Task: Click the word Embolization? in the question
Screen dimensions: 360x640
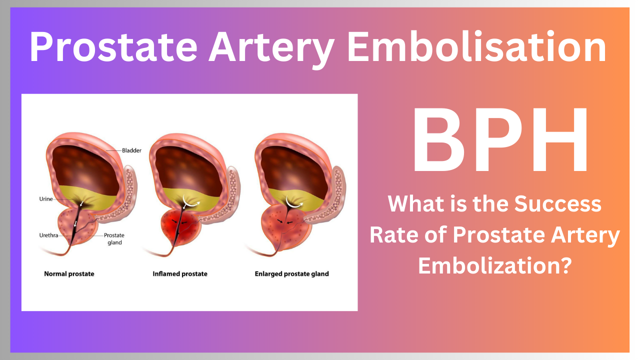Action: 494,265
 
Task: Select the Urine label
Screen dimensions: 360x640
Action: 46,198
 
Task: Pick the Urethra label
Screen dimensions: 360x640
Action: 49,235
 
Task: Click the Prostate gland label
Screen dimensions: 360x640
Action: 114,238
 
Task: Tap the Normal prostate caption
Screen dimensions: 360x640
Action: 69,274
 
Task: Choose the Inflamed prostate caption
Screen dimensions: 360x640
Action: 180,274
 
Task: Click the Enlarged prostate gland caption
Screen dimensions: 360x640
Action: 291,274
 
